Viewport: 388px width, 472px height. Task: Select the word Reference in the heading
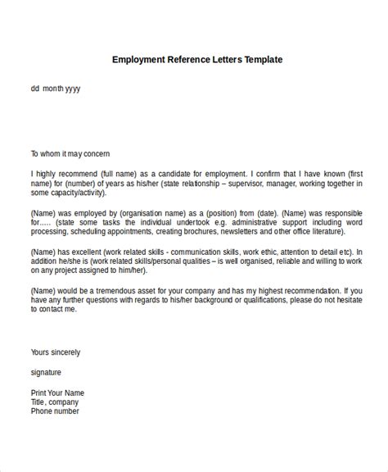[x=185, y=60]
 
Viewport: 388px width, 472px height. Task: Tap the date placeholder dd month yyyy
[x=56, y=88]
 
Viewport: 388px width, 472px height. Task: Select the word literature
[x=335, y=233]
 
